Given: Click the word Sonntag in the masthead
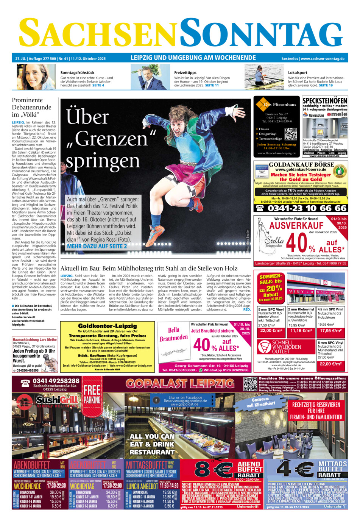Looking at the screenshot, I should click(261, 33).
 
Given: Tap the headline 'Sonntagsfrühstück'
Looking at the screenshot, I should click(77, 72).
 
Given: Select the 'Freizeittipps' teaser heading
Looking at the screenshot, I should click(185, 72).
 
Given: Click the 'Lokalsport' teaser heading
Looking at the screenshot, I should click(298, 72).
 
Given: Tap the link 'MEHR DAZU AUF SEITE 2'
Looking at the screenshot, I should click(97, 246).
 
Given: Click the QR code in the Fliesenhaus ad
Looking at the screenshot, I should click(290, 134).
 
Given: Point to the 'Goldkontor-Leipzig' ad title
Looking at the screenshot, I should click(108, 326).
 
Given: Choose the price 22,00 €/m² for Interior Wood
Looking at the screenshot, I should click(271, 331).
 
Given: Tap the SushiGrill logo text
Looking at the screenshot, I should click(57, 400).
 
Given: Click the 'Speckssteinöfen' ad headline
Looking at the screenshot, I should click(325, 101).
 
